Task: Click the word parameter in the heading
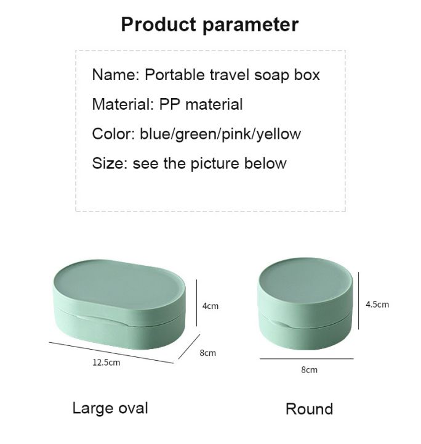click(x=251, y=25)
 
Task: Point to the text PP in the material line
click(x=169, y=104)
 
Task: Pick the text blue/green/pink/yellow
click(x=220, y=134)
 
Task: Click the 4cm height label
click(x=210, y=306)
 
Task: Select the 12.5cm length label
click(x=106, y=363)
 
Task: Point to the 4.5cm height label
click(x=377, y=304)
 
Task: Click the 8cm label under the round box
click(x=309, y=370)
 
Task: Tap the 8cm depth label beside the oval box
click(x=208, y=353)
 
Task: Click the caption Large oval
click(x=110, y=408)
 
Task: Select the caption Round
click(x=309, y=409)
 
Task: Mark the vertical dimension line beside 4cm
click(x=196, y=302)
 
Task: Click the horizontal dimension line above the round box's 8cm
click(x=307, y=358)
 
